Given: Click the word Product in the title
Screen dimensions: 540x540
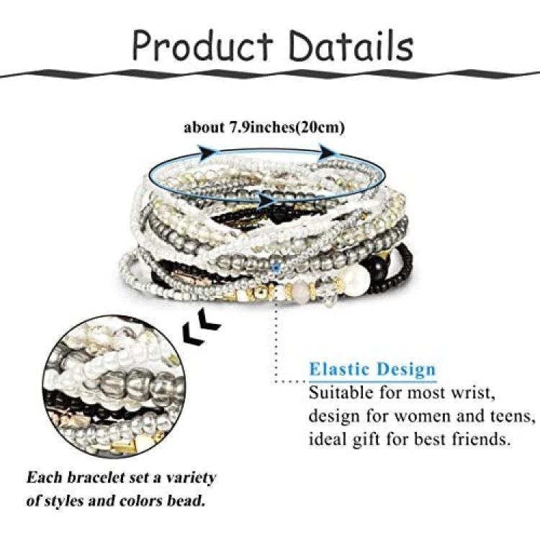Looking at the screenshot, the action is [x=202, y=46].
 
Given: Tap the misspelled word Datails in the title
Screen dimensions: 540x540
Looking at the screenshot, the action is [x=351, y=45].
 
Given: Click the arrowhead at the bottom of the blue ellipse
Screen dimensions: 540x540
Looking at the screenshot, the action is [x=266, y=200].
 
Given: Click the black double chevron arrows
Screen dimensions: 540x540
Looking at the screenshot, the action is [x=200, y=325].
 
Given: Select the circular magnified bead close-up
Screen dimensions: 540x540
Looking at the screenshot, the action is [x=114, y=387].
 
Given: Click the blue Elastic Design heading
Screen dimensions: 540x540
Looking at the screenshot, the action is [x=373, y=369].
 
